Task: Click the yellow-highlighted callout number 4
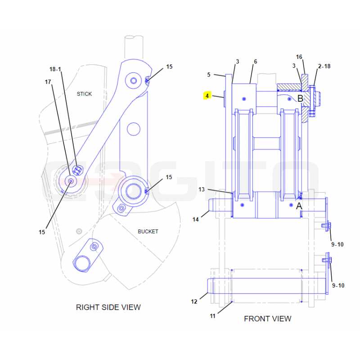coord(207,96)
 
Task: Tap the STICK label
coord(84,94)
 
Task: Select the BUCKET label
coord(148,231)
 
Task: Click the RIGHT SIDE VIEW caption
coord(108,307)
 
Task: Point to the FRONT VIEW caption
coord(267,319)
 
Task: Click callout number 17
coord(48,82)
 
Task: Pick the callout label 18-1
coord(55,69)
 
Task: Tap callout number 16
coord(299,57)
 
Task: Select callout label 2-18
coord(324,66)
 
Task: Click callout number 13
coord(201,189)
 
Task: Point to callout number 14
coord(195,220)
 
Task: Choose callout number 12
coord(194,301)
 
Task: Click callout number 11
coord(212,316)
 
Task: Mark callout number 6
coord(255,62)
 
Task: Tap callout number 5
coord(209,75)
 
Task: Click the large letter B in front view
coord(300,98)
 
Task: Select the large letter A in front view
coord(299,206)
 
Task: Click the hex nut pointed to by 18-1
coord(77,170)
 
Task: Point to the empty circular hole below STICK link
coord(133,129)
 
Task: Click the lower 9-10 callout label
coord(338,285)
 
